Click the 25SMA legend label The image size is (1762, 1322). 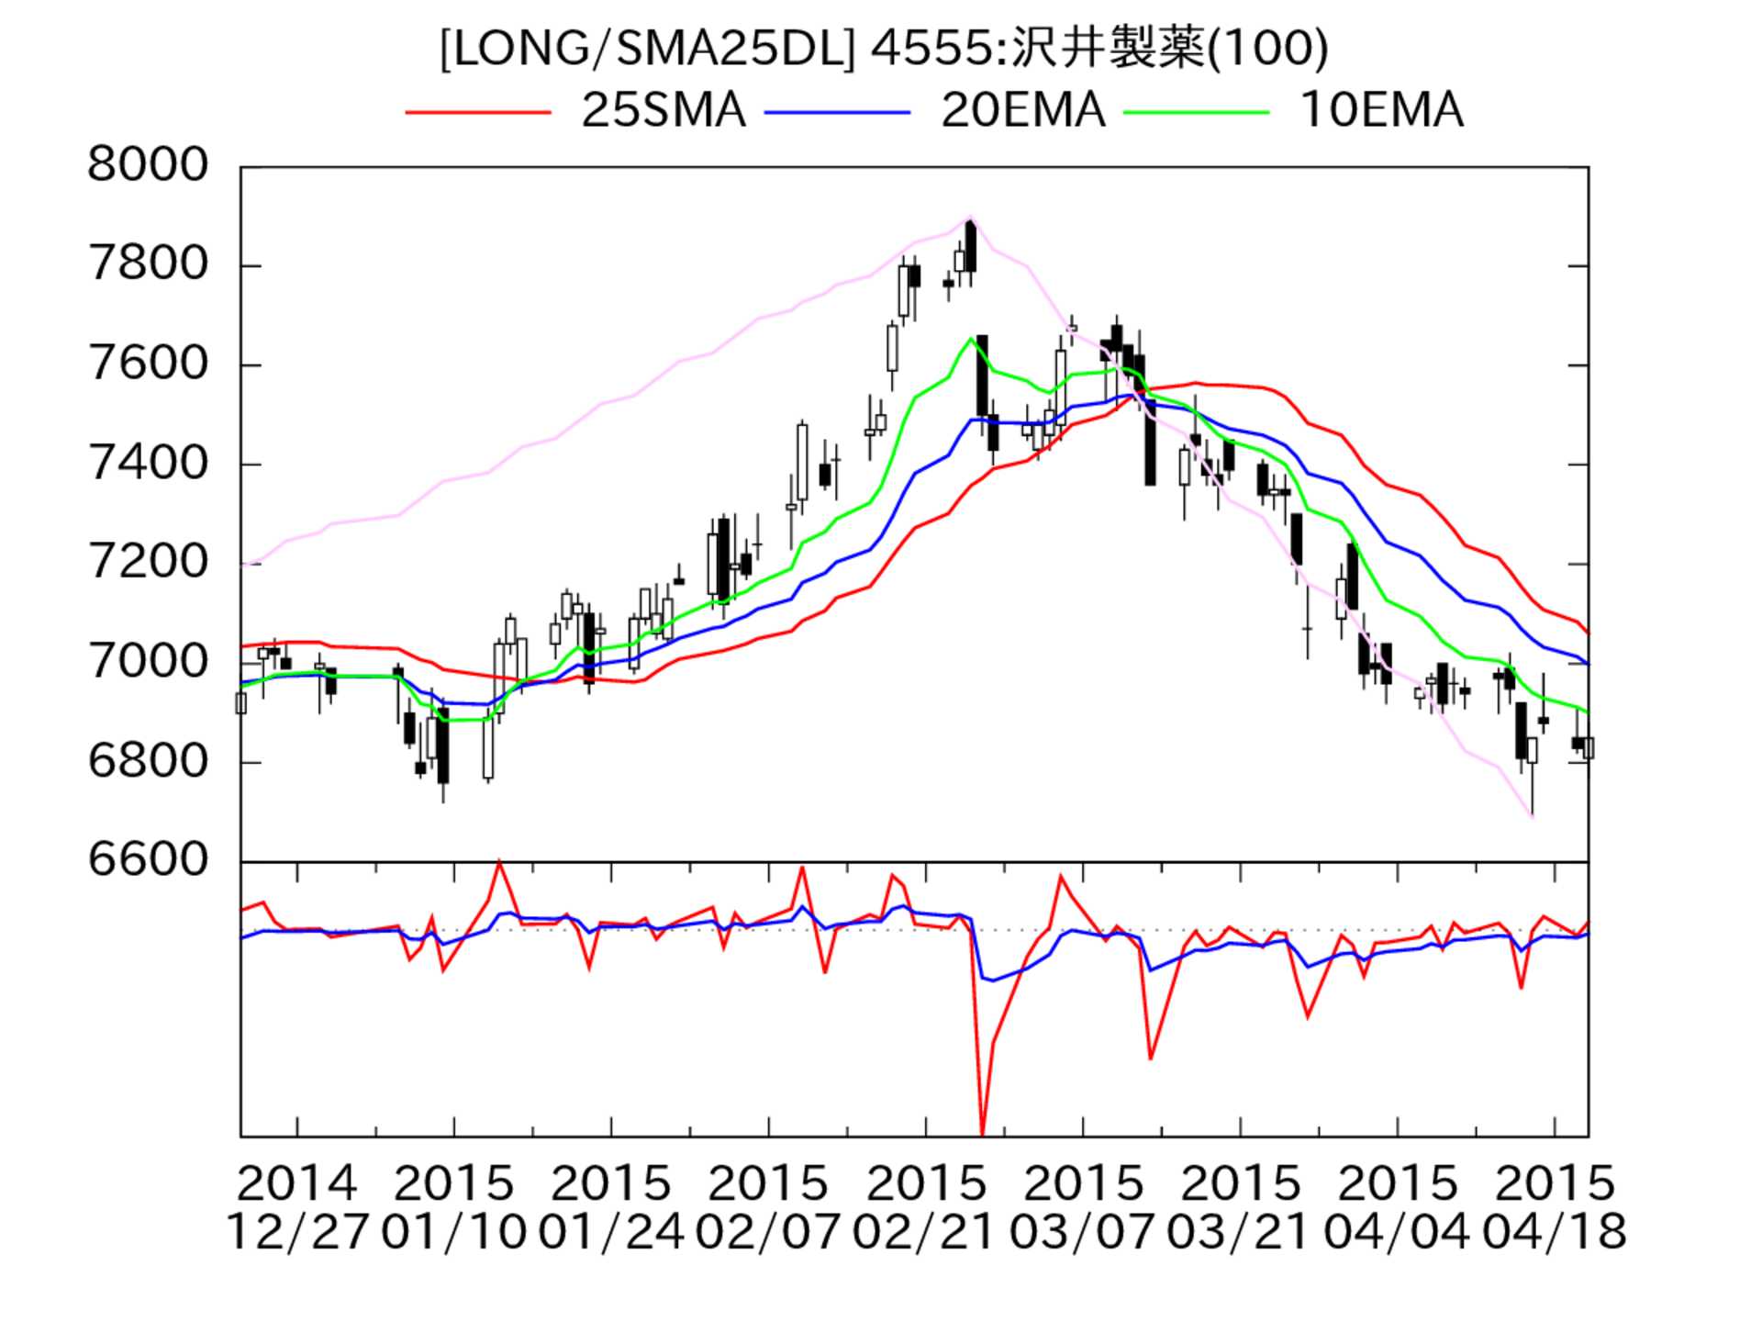pos(663,111)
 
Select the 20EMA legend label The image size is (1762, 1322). pos(1022,111)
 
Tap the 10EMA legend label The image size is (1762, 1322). pos(1381,111)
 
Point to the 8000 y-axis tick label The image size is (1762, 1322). pos(148,166)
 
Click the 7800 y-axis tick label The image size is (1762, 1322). pos(148,265)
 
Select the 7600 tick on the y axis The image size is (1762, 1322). pos(148,364)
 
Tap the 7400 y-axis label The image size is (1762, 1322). pos(148,464)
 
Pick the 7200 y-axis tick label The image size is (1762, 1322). pos(148,563)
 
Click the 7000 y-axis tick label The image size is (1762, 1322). pos(148,662)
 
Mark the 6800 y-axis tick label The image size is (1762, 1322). pos(148,761)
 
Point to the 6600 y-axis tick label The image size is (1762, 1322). pos(148,860)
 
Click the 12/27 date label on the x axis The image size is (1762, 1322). pos(296,1232)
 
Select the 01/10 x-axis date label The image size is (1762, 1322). pos(453,1232)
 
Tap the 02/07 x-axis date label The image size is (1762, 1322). pos(768,1232)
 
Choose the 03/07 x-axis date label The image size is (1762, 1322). pos(1082,1232)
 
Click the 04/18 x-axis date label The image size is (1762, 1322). pos(1554,1232)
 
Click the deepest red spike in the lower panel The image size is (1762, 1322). pos(982,1133)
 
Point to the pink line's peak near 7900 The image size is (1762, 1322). pos(970,218)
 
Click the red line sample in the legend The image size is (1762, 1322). pos(477,112)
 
